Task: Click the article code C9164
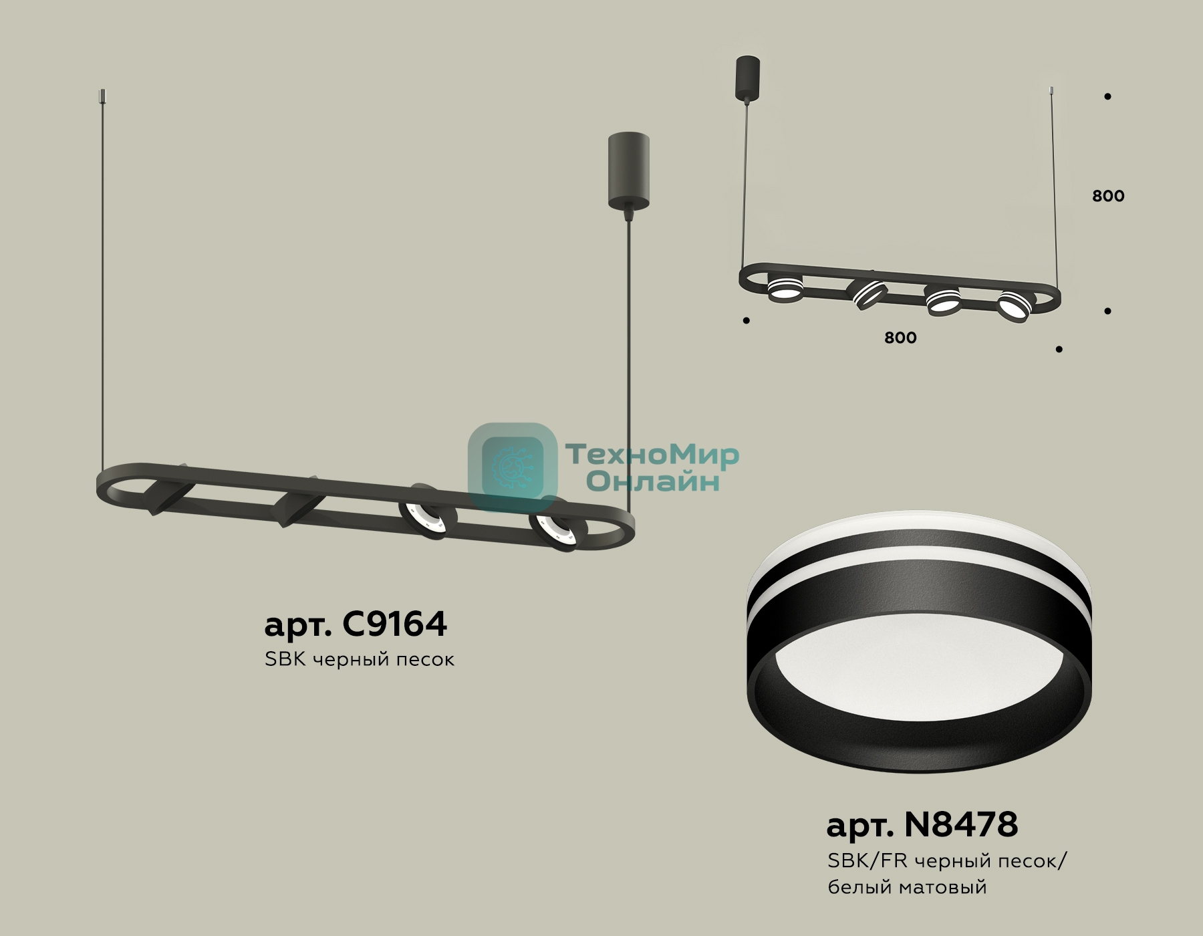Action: [x=394, y=624]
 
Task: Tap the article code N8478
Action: [x=960, y=824]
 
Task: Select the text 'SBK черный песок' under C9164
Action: [x=360, y=659]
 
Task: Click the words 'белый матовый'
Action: [x=907, y=887]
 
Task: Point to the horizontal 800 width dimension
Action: [x=900, y=338]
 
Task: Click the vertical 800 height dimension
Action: [x=1108, y=196]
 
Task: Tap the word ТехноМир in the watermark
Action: [x=652, y=455]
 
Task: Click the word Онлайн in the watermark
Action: [x=652, y=481]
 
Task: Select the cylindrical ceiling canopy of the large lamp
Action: [x=628, y=170]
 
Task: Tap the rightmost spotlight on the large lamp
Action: [x=558, y=531]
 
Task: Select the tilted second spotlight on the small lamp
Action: [x=866, y=293]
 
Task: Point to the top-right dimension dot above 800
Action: [x=1107, y=96]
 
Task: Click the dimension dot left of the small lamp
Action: [x=746, y=321]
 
